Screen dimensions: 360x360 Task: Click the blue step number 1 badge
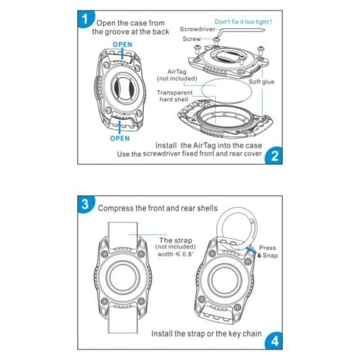86,19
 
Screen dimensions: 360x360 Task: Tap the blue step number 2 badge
274,155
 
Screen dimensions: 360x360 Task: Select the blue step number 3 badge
86,204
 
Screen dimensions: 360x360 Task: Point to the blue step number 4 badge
274,340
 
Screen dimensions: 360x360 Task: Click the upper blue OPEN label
123,44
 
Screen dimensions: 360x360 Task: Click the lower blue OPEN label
120,139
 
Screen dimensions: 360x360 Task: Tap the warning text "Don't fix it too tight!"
243,22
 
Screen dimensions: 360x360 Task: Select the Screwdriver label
197,29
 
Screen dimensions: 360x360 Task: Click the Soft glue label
261,82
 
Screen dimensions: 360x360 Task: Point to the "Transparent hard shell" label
174,96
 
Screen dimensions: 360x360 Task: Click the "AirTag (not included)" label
177,75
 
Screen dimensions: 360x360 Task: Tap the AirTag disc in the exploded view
227,91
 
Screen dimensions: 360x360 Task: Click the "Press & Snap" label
267,252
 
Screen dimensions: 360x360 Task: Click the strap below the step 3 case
123,320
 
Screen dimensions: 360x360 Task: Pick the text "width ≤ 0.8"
176,254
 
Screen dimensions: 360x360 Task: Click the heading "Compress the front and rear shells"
157,208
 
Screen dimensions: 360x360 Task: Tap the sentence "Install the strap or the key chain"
206,334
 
